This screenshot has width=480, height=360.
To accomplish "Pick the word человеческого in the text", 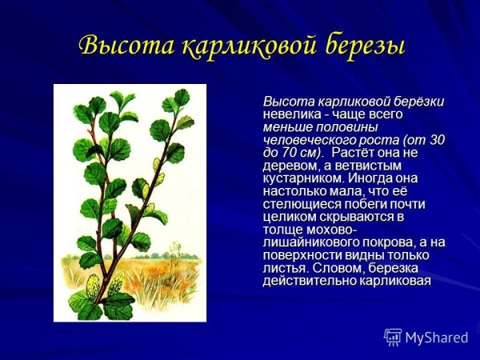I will coord(306,139).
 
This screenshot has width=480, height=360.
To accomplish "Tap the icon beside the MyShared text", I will coord(393,337).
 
